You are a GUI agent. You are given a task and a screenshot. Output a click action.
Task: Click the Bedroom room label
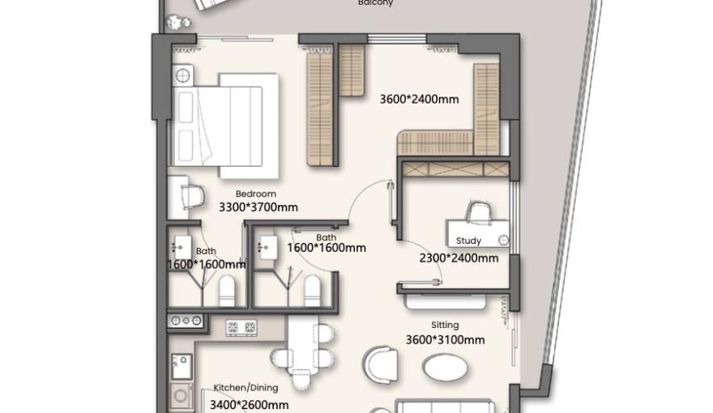(256, 194)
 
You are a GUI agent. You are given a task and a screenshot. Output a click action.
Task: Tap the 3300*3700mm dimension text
(258, 207)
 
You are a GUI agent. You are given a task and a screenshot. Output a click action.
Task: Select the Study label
(468, 241)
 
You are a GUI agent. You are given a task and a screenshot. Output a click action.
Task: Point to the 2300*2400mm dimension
(459, 258)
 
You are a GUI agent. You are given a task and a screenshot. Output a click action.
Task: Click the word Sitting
(445, 325)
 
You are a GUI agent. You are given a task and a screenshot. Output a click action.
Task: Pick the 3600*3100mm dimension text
(445, 340)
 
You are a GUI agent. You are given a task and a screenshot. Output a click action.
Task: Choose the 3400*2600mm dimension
(249, 404)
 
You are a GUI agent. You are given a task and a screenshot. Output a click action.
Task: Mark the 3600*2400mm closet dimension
(419, 100)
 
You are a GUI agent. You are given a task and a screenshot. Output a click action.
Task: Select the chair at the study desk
(478, 210)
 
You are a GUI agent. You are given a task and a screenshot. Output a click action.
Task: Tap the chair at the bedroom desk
(192, 194)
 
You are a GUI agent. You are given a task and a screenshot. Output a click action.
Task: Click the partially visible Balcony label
(376, 3)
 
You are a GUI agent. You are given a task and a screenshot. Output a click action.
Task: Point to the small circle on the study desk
(503, 240)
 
